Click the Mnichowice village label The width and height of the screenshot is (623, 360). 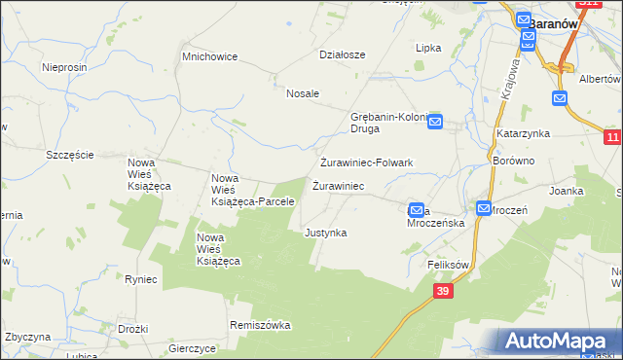tap(210, 56)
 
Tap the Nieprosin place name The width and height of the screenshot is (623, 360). tap(66, 67)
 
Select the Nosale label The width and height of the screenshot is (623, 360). tap(303, 93)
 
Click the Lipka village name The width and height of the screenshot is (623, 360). tap(428, 48)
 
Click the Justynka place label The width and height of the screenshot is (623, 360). tap(325, 234)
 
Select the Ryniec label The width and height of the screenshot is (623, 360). tap(141, 279)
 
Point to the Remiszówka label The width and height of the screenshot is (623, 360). tap(261, 325)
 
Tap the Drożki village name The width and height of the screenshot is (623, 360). tap(132, 330)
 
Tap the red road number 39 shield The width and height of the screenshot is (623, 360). tap(444, 291)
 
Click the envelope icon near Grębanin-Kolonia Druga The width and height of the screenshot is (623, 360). tap(435, 122)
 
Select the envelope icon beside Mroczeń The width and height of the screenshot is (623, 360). tap(484, 207)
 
